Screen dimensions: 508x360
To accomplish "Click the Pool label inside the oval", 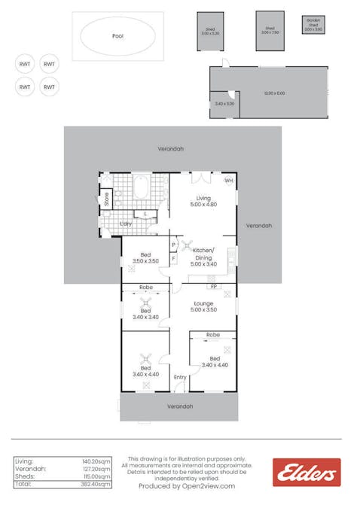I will [117, 35].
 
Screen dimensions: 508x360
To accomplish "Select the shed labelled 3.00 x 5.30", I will [209, 32].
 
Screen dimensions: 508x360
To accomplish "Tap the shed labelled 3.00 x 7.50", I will [270, 31].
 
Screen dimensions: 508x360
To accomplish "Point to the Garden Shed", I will [313, 24].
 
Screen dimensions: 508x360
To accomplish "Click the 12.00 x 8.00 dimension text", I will [274, 93].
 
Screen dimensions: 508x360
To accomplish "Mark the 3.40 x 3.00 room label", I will [224, 104].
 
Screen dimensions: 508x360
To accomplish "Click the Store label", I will [107, 199].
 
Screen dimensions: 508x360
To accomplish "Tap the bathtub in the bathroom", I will [141, 187].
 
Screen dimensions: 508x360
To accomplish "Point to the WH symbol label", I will [229, 181].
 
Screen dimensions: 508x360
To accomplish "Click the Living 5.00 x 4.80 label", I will [203, 201].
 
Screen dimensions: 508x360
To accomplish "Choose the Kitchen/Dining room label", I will [203, 257].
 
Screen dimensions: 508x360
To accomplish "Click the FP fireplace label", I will [213, 287].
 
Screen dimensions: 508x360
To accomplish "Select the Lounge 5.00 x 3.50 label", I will [203, 306].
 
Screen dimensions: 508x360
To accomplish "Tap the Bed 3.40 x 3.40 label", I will [145, 313].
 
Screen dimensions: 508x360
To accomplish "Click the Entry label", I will [180, 377].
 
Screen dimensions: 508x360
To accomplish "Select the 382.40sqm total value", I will [96, 485].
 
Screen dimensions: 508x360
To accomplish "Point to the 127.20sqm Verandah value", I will [96, 468].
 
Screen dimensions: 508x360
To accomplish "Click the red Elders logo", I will [307, 473].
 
